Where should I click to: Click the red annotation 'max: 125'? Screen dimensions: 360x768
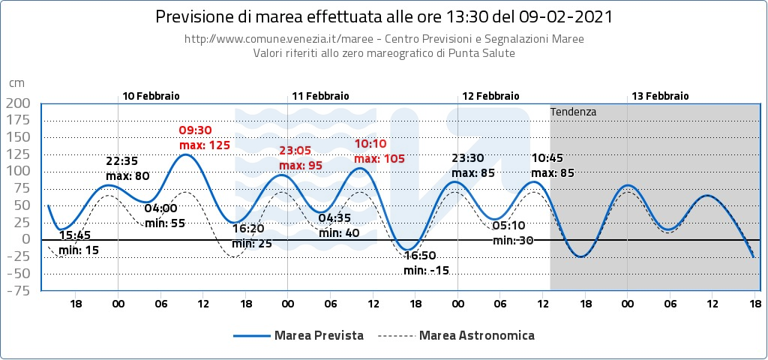coord(204,145)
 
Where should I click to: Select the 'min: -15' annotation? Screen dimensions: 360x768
coord(426,270)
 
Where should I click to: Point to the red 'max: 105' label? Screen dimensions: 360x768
coord(379,158)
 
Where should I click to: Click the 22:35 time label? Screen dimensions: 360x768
coord(121,161)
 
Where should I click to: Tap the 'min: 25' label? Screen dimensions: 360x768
coord(251,244)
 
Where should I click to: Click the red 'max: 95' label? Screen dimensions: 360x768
coord(301,165)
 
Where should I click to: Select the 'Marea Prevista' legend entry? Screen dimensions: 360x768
coord(319,335)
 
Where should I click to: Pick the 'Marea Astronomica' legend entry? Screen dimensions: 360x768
coord(477,335)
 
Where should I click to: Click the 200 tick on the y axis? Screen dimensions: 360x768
coord(17,103)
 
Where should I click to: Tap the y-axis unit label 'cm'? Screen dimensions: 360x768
coord(16,83)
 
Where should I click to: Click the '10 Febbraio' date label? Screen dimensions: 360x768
coord(151,96)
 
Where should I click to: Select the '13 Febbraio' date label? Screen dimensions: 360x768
coord(660,96)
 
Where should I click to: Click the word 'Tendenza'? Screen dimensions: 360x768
coord(573,112)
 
